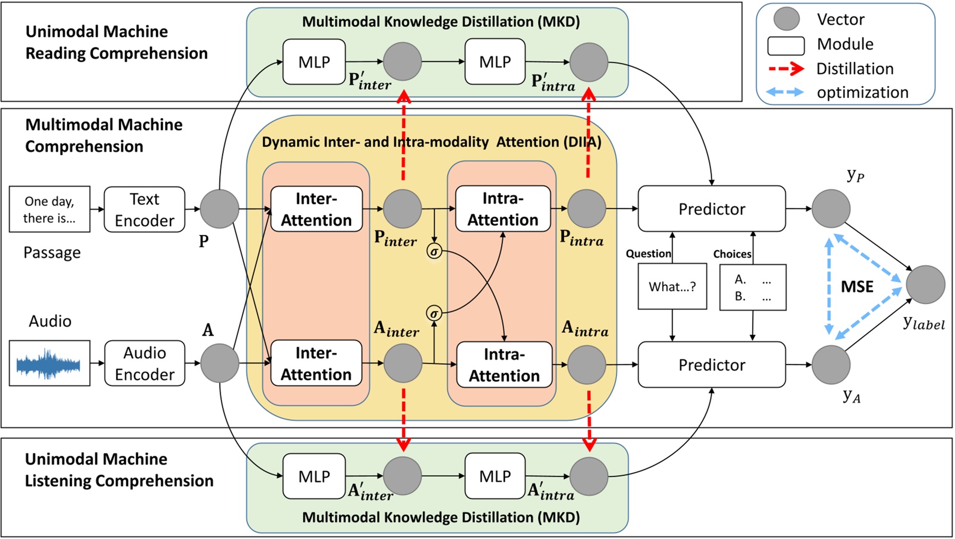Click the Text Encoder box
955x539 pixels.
click(145, 209)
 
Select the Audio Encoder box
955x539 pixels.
click(145, 363)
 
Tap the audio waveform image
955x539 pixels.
click(50, 363)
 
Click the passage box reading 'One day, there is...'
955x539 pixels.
click(50, 209)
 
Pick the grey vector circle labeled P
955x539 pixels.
click(220, 209)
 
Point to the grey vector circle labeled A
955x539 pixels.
click(220, 363)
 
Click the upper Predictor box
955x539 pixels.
click(712, 209)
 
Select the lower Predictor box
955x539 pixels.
click(712, 365)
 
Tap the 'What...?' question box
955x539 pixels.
click(672, 287)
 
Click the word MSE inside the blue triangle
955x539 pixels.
click(857, 287)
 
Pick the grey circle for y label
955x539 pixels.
click(925, 285)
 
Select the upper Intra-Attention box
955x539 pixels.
click(503, 209)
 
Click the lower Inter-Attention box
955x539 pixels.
click(316, 363)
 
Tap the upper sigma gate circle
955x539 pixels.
click(434, 252)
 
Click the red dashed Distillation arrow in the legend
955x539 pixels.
click(786, 69)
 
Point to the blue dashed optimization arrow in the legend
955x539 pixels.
click(786, 93)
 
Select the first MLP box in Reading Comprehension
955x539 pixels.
click(314, 62)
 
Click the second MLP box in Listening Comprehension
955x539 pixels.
click(495, 476)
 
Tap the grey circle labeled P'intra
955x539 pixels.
click(589, 62)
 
